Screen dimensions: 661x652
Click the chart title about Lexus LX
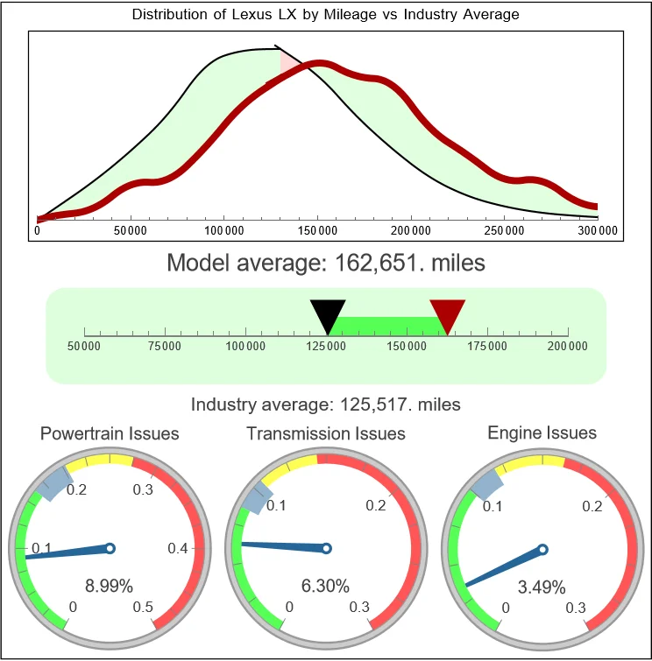[x=325, y=15]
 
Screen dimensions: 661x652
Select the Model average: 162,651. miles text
[x=325, y=262]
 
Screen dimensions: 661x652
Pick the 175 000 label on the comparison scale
[x=487, y=347]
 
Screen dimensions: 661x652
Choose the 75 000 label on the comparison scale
[x=165, y=347]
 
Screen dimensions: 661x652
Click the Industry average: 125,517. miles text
[x=325, y=404]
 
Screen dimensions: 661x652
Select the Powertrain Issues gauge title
[x=110, y=433]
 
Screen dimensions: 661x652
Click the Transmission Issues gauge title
[x=326, y=433]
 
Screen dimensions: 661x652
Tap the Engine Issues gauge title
[x=542, y=432]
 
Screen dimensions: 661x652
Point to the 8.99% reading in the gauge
[x=109, y=586]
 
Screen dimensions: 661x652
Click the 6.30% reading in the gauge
[x=325, y=586]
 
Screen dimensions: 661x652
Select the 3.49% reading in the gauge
[x=541, y=586]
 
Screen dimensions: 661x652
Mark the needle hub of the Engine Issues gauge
[x=542, y=549]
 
